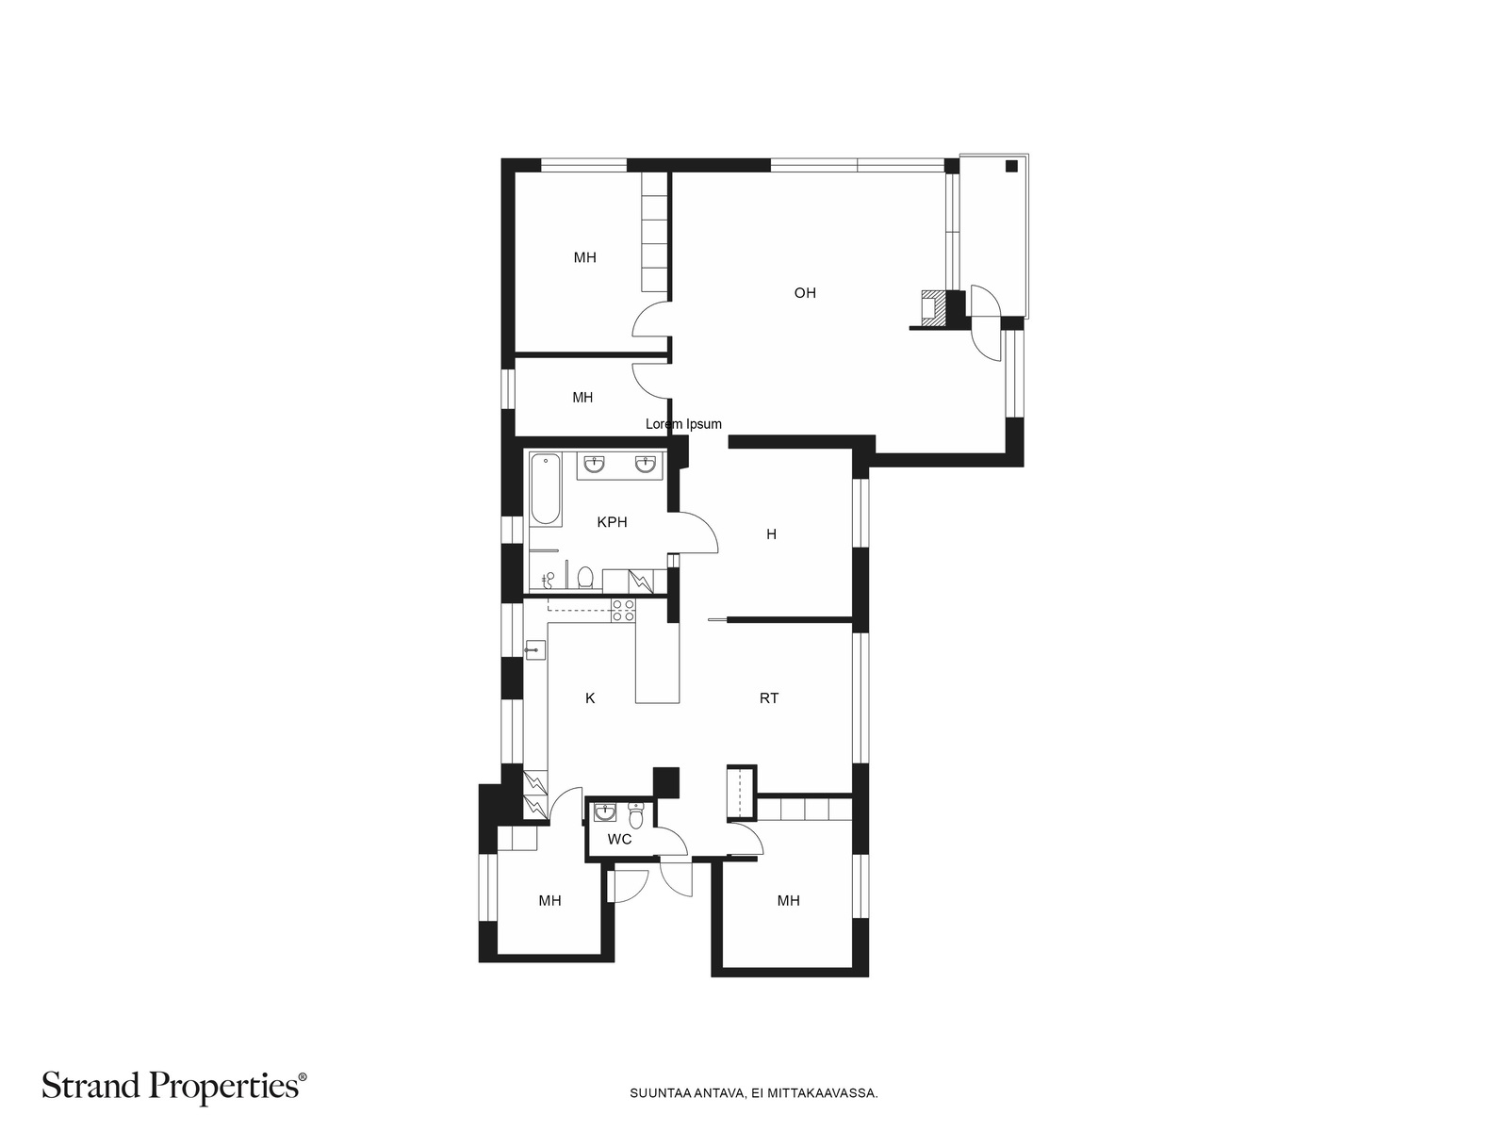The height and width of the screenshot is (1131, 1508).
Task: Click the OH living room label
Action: pyautogui.click(x=805, y=293)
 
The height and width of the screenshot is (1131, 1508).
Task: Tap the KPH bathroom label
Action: pyautogui.click(x=612, y=522)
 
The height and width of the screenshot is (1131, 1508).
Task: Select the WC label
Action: pyautogui.click(x=619, y=839)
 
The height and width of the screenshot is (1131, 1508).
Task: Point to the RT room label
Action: pyautogui.click(x=769, y=698)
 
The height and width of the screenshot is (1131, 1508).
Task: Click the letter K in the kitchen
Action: pyautogui.click(x=589, y=698)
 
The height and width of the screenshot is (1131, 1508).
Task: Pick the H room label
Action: pyautogui.click(x=771, y=534)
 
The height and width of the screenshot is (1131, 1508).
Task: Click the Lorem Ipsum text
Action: pyautogui.click(x=683, y=424)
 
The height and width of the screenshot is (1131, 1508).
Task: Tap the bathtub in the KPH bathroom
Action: pyautogui.click(x=546, y=489)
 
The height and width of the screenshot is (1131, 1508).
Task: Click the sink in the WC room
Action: pyautogui.click(x=604, y=813)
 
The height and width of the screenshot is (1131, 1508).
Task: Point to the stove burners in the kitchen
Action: pyautogui.click(x=623, y=611)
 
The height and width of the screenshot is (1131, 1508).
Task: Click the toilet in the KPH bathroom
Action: pyautogui.click(x=585, y=577)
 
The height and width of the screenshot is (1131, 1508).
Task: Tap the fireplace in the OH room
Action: pyautogui.click(x=931, y=307)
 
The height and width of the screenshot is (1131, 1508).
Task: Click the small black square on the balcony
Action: pyautogui.click(x=1011, y=166)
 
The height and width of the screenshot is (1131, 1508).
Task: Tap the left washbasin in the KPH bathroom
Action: pyautogui.click(x=595, y=465)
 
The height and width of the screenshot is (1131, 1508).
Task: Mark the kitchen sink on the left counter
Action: pyautogui.click(x=535, y=649)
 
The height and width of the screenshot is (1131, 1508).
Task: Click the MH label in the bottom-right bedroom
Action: pyautogui.click(x=788, y=901)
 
